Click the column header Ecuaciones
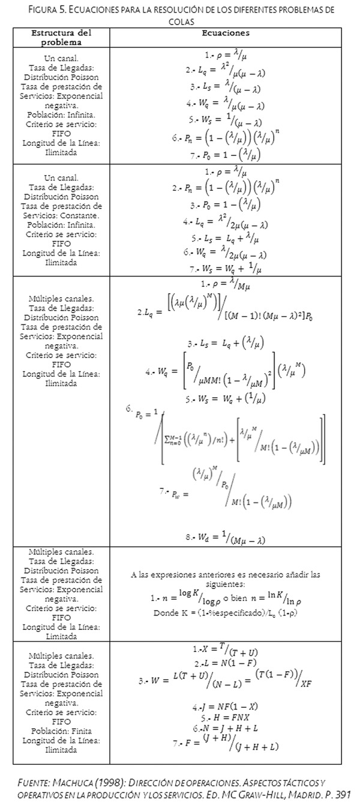[227, 34]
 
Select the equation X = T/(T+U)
[226, 650]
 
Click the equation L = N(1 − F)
[226, 664]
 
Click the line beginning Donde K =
[226, 613]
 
